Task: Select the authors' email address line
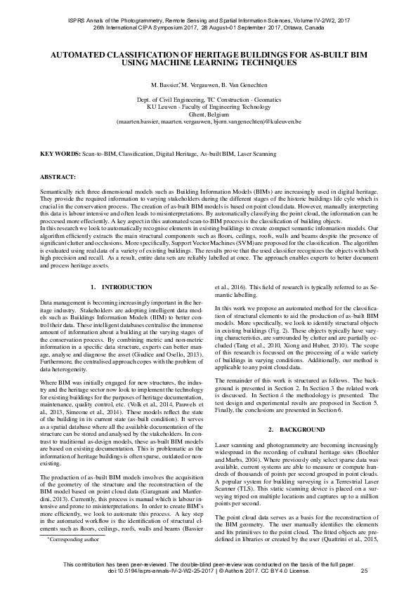[209, 121]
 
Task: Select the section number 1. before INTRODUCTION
[94, 287]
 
